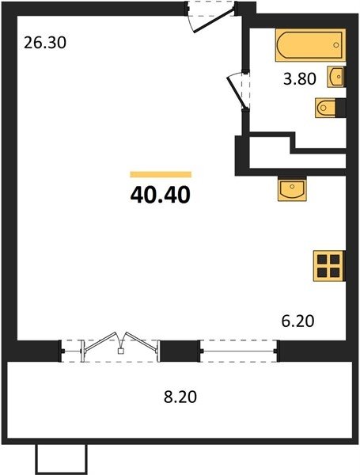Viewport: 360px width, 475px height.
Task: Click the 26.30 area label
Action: point(45,43)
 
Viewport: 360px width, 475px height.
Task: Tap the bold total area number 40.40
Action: point(161,195)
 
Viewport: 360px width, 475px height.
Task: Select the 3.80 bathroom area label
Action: point(300,79)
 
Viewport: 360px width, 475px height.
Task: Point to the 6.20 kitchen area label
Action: point(298,321)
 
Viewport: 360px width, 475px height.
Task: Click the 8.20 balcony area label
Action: point(180,397)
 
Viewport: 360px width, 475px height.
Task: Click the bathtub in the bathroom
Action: point(310,45)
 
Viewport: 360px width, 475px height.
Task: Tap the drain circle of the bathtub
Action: point(335,45)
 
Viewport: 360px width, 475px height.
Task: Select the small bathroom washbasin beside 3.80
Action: point(336,77)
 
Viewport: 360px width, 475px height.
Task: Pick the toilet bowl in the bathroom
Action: point(325,108)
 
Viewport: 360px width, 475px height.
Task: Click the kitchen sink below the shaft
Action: point(292,190)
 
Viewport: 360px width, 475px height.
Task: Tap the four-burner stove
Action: point(329,266)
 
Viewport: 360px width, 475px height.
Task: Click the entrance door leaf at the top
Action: point(214,21)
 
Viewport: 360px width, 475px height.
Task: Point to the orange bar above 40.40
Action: point(161,174)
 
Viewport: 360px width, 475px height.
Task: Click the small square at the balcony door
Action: point(120,351)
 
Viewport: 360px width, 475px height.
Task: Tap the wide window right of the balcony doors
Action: point(239,351)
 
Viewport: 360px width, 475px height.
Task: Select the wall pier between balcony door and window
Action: point(180,351)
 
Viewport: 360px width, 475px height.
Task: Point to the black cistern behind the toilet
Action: point(341,108)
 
